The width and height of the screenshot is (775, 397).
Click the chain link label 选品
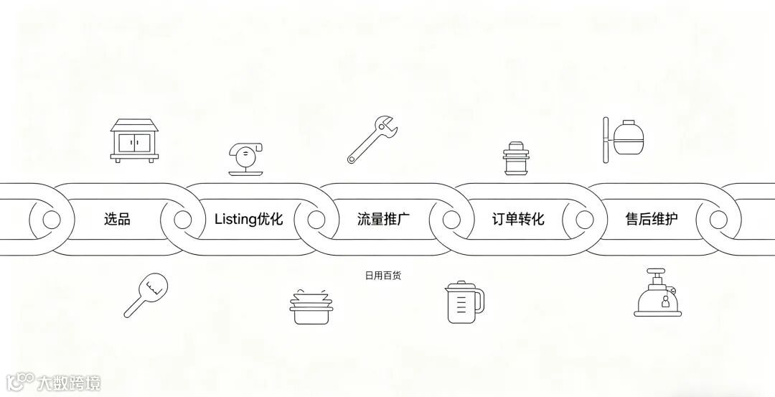pos(117,219)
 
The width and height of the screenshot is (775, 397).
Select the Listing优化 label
pos(248,219)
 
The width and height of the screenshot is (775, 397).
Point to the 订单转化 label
pos(518,219)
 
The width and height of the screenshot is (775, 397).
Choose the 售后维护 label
pos(651,219)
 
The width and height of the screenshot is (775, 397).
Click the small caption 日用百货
pos(387,275)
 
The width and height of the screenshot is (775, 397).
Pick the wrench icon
pos(372,141)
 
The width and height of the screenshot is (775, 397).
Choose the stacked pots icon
pos(311,305)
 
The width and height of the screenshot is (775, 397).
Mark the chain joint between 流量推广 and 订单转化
pos(451,219)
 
